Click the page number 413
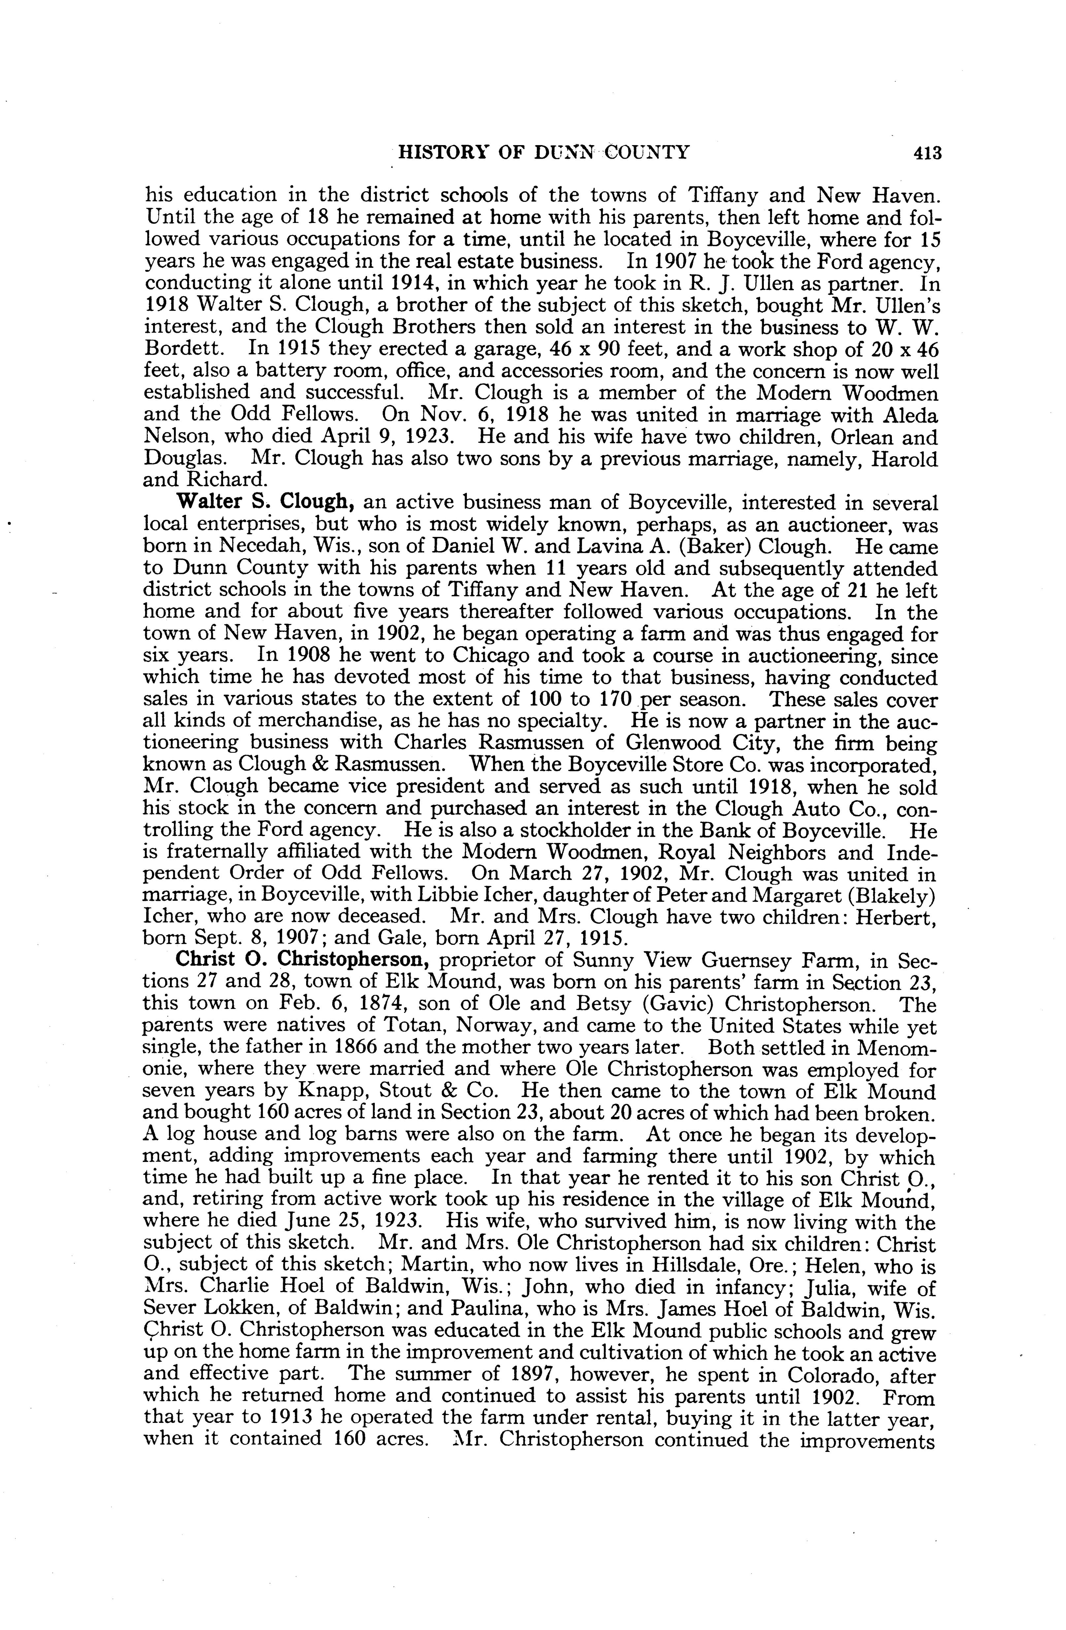tap(927, 153)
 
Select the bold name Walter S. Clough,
tap(265, 503)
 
